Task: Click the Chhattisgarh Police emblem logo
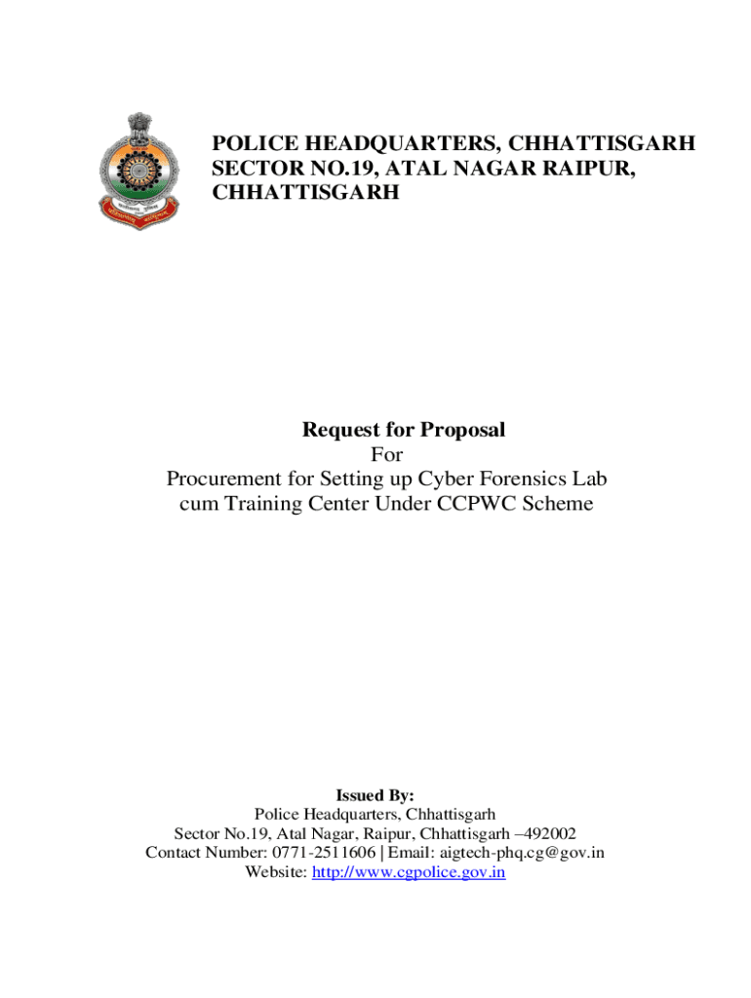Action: click(138, 171)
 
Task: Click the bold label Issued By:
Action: click(375, 794)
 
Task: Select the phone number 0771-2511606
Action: click(322, 853)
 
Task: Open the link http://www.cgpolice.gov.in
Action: click(408, 872)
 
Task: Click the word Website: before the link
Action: click(276, 872)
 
